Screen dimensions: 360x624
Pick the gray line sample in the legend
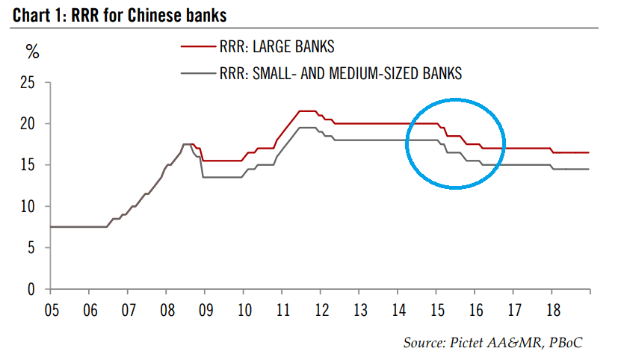point(197,73)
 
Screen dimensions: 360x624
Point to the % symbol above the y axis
point(32,52)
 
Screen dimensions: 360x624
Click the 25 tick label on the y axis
point(28,82)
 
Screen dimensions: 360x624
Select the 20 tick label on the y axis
point(28,123)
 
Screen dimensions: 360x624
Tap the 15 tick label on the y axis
point(28,165)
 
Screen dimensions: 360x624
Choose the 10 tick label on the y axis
point(28,206)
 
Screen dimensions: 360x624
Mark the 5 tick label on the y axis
point(31,248)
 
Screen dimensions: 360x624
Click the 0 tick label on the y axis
point(31,289)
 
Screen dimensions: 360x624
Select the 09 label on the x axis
point(204,307)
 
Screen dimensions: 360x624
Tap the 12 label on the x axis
point(321,307)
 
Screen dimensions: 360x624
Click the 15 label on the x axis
point(436,307)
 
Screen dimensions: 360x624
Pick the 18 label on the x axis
point(553,307)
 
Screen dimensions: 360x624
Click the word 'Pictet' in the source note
point(469,343)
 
